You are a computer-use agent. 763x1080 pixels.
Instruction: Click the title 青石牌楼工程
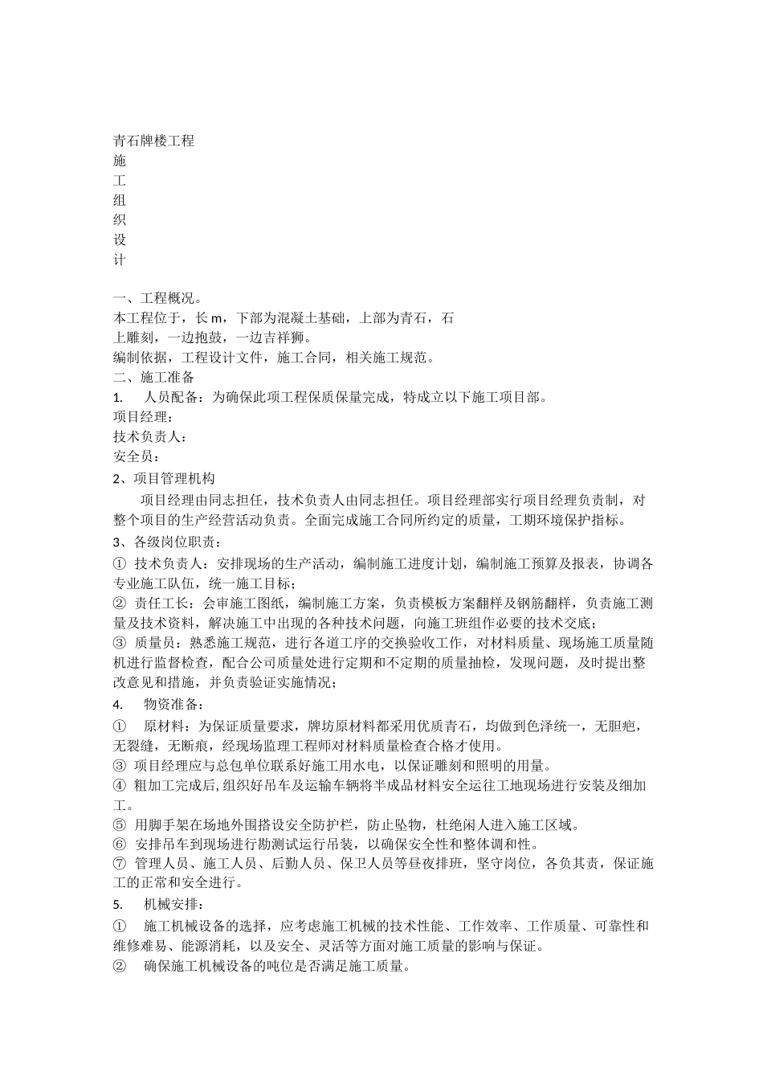click(x=154, y=141)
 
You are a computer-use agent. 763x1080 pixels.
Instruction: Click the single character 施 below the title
click(x=120, y=161)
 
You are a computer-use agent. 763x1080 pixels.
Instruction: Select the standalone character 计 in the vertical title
click(x=120, y=260)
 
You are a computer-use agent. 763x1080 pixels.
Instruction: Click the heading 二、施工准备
click(x=153, y=377)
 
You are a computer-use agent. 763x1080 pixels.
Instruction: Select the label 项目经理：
click(x=144, y=417)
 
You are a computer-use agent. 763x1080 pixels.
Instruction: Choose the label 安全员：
click(x=137, y=457)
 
